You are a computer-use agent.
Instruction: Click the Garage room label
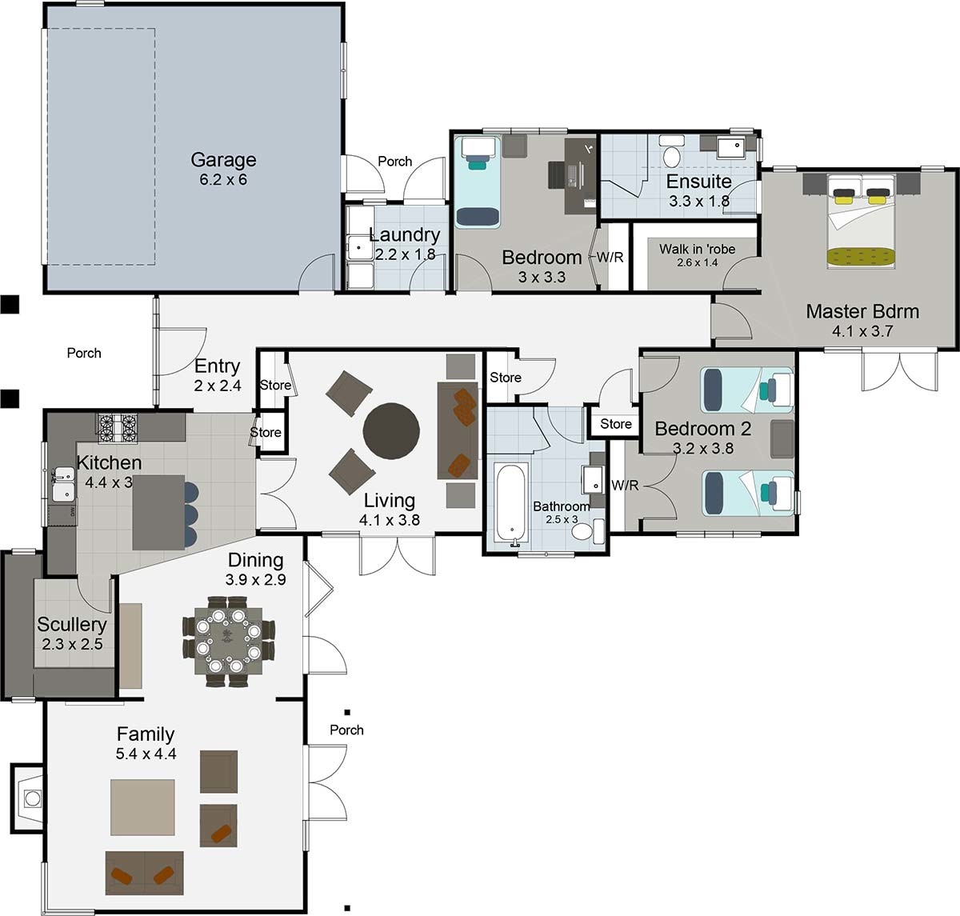(223, 160)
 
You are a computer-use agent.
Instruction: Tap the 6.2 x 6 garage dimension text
(223, 180)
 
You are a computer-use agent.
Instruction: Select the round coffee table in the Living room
(390, 430)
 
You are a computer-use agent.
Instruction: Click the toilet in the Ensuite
(672, 152)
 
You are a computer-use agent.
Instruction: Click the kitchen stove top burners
(118, 428)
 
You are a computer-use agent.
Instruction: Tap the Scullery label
(72, 625)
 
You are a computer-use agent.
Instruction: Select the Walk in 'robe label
(697, 249)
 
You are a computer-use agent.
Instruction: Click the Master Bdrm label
(862, 311)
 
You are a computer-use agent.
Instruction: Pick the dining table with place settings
(228, 641)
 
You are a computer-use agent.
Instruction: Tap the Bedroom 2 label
(702, 428)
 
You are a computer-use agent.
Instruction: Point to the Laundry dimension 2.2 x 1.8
(405, 254)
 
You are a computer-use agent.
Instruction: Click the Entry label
(217, 366)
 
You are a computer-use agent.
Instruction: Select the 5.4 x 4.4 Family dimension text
(146, 754)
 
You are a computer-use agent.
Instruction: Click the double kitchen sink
(64, 483)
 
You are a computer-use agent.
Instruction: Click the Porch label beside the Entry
(84, 353)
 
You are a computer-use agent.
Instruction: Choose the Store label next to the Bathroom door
(616, 424)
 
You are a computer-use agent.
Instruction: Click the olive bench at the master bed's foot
(862, 257)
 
